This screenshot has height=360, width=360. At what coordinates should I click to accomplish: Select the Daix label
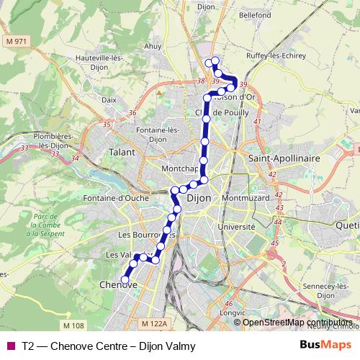point(109,100)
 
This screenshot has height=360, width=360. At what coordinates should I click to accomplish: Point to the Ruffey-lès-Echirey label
point(287,55)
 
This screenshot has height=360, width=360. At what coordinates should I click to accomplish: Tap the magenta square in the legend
point(10,345)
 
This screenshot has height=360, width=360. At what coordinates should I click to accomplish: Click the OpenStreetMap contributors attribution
point(297,323)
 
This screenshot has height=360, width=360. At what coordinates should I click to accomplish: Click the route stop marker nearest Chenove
point(125,279)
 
